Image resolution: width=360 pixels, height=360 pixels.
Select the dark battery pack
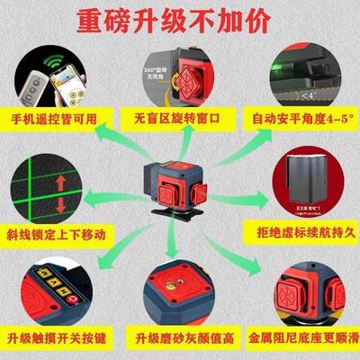299,175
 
